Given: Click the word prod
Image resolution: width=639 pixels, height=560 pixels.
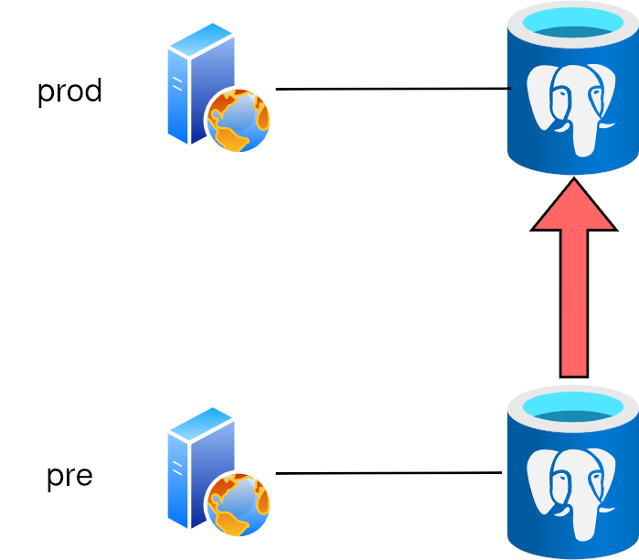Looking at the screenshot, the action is point(69,92).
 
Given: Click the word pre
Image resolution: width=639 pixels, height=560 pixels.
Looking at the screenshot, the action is point(69,476).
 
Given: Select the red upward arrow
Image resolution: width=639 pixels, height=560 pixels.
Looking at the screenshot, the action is point(574,277).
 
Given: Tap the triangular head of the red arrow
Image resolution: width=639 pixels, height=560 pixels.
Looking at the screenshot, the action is point(574,207).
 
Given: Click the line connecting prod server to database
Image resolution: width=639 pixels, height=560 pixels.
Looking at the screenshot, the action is point(393,89).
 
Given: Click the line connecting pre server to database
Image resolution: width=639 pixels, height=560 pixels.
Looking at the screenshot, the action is point(389,473).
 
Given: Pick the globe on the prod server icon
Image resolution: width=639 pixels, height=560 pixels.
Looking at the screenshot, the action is point(239,120).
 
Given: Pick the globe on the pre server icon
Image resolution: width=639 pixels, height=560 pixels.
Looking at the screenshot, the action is point(239,504).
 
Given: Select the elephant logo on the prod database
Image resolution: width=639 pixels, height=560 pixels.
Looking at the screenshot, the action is point(571,110).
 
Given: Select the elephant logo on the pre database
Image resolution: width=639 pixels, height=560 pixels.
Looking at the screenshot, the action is point(571,494).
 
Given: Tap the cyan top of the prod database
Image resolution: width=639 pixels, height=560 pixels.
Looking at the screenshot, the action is point(573,22).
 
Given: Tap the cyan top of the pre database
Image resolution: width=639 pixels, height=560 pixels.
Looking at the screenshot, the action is point(573,407).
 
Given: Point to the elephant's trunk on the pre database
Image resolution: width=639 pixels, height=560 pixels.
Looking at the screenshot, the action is point(585,522).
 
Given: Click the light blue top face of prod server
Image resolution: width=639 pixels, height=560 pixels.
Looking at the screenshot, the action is point(201,39).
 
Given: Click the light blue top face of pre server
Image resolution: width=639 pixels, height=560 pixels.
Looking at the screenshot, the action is point(201,424).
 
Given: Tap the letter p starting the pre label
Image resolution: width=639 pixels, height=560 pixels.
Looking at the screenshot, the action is point(55,479).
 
